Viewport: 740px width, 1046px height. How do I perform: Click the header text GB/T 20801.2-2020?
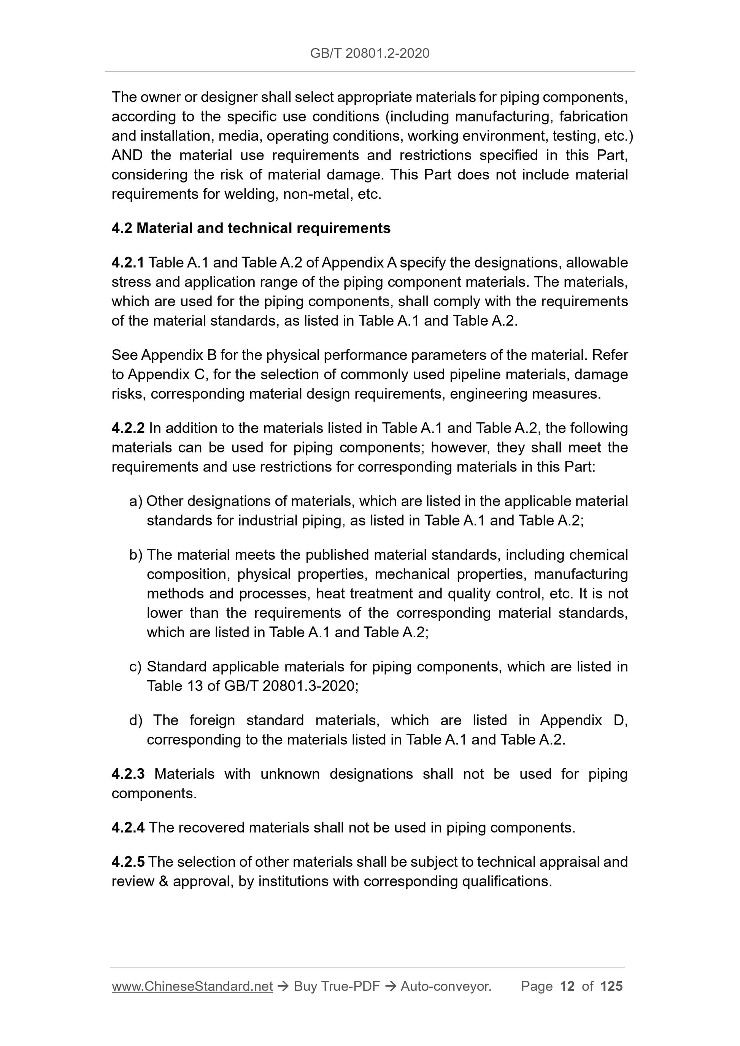pos(369,53)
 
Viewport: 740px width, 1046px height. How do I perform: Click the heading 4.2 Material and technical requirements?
pos(251,228)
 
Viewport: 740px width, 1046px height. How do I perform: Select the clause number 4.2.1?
pos(128,263)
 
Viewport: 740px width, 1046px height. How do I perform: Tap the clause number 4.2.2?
pos(128,428)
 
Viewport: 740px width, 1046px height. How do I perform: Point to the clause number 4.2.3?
pos(128,774)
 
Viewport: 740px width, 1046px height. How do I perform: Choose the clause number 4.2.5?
pos(128,862)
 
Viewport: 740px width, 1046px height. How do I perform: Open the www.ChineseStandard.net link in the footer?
pos(192,986)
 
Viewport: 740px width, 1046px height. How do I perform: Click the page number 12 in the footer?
pos(567,986)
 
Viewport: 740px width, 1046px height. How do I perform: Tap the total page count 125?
pos(611,986)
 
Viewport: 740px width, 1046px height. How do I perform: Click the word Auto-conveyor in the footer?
pos(445,986)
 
